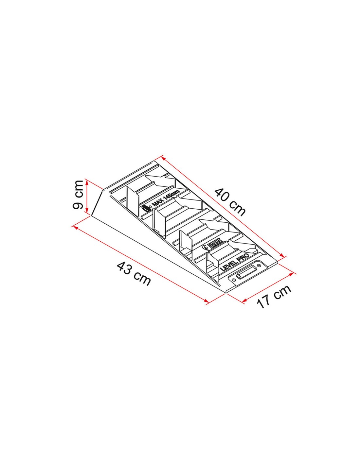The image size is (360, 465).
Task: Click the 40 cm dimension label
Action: pyautogui.click(x=230, y=202)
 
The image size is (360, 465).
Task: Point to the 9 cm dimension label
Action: pyautogui.click(x=78, y=195)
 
